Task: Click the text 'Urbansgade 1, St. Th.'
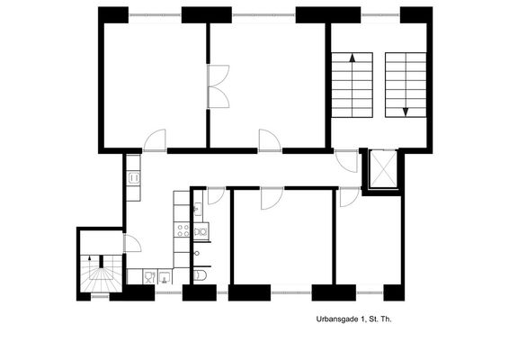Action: tap(353, 319)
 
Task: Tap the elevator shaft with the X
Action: tap(383, 169)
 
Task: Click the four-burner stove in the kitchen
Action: tap(183, 230)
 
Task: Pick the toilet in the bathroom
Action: tap(200, 275)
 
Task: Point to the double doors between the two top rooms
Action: tap(219, 86)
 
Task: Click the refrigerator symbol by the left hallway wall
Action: tap(134, 177)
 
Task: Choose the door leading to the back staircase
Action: tap(132, 243)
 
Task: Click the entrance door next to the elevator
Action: tap(346, 161)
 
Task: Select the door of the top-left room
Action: tap(155, 140)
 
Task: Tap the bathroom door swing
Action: tap(216, 196)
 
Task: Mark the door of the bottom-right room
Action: tap(350, 197)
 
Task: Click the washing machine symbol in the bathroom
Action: tap(201, 231)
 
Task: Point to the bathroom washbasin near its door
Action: tap(198, 209)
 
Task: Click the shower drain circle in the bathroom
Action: tap(197, 254)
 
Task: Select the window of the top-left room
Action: tap(155, 15)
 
